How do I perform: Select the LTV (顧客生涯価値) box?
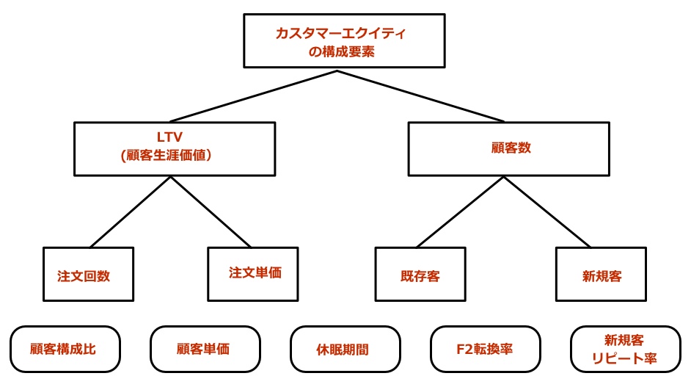[x=175, y=148]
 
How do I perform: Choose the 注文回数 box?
[x=89, y=274]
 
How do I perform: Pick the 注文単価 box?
[x=254, y=273]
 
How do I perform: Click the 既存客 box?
[x=420, y=274]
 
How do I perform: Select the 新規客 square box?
[x=601, y=274]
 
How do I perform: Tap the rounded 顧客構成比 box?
[x=65, y=349]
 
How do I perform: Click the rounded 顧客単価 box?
[x=205, y=349]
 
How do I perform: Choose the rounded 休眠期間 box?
[x=345, y=349]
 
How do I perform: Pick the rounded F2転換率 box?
[x=485, y=349]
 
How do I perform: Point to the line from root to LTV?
[x=253, y=96]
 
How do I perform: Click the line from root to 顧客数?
[x=420, y=96]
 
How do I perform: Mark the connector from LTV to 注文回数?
[x=131, y=211]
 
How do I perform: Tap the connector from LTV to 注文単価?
[x=211, y=211]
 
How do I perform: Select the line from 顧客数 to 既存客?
[x=459, y=211]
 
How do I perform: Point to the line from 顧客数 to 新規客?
[x=547, y=211]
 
